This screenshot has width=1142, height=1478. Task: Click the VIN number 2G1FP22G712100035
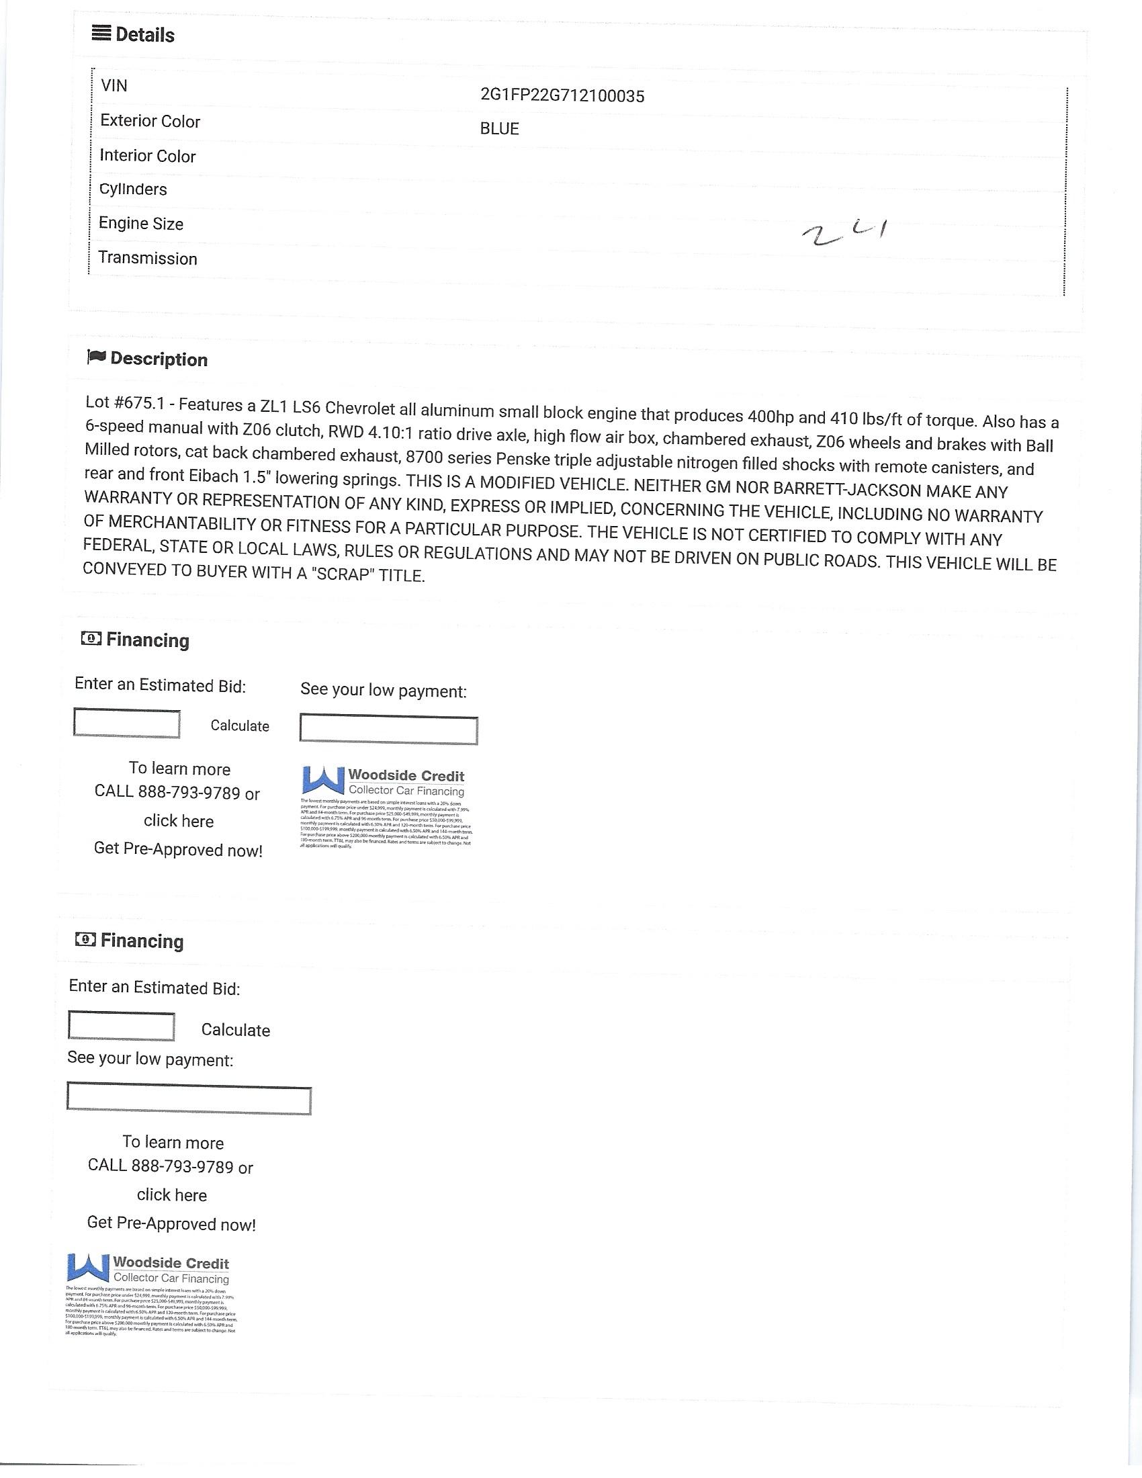point(562,95)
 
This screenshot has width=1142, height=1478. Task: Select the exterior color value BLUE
point(499,128)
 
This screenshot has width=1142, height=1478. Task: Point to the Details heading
point(145,34)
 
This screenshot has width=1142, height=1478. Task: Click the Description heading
point(159,359)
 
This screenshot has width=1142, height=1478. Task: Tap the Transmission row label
point(148,258)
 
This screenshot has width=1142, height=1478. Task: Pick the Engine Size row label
point(140,223)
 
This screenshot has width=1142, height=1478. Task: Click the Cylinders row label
point(132,189)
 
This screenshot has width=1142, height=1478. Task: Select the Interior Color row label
point(148,156)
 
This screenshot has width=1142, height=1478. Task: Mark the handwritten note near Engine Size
point(844,233)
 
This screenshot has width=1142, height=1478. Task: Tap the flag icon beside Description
point(96,357)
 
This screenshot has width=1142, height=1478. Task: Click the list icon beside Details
point(101,33)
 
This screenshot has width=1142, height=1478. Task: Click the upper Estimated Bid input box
point(126,723)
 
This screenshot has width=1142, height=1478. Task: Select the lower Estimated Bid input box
point(121,1026)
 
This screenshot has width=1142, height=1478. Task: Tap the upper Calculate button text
point(240,726)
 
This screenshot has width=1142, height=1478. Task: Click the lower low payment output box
point(189,1099)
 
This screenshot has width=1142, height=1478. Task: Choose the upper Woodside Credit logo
point(384,781)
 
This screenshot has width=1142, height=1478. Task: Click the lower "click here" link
point(172,1194)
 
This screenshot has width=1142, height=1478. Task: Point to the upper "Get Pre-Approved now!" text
point(178,849)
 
